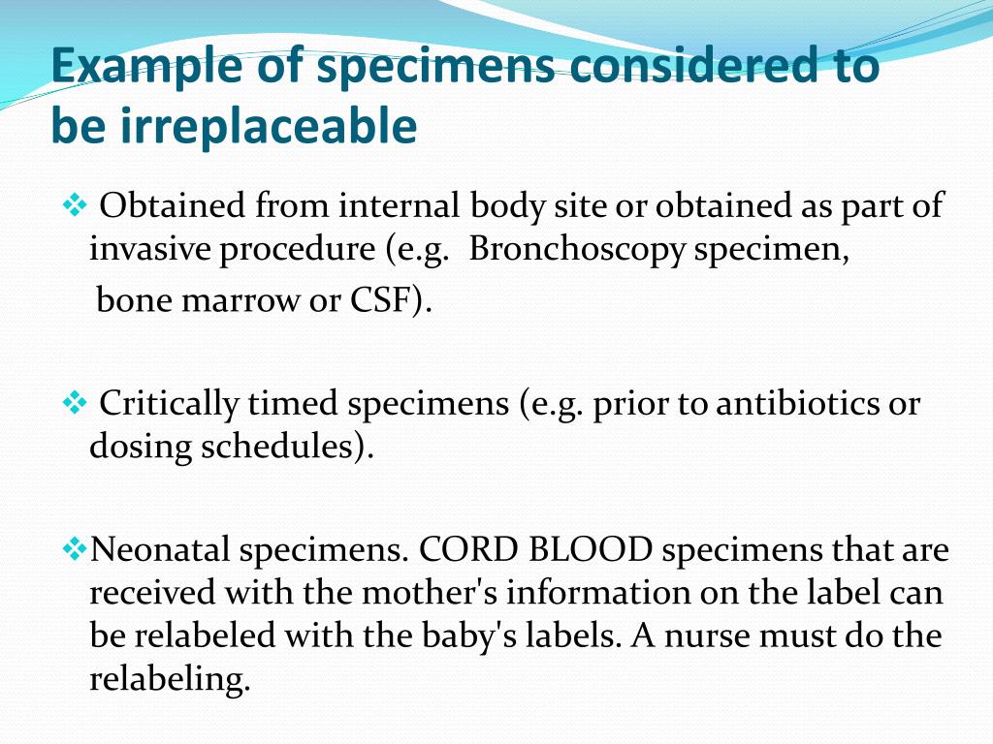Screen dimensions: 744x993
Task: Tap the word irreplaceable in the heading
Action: [x=268, y=126]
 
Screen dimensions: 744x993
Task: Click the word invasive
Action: [x=149, y=251]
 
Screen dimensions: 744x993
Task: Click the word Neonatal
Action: [x=160, y=550]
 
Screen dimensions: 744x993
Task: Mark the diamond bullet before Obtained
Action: [x=75, y=205]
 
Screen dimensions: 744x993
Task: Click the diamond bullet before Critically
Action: [x=75, y=402]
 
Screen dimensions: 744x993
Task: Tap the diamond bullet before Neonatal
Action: [x=75, y=550]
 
